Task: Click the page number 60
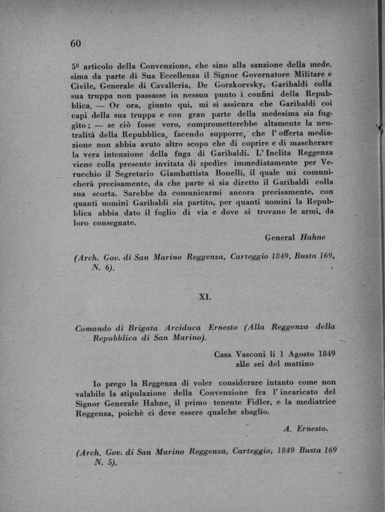click(x=75, y=44)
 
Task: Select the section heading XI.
click(x=205, y=297)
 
